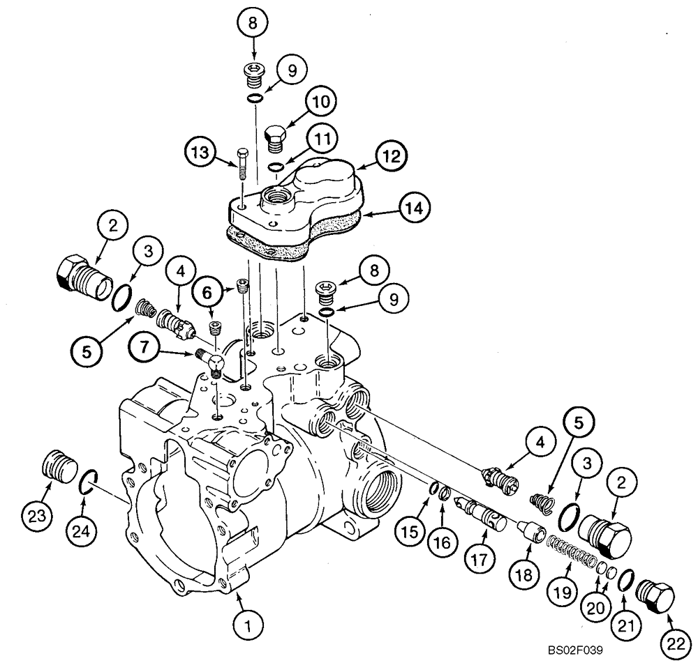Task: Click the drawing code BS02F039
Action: tap(575, 651)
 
